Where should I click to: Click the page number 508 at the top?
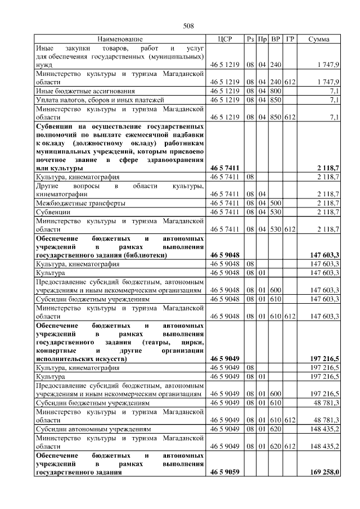click(188, 26)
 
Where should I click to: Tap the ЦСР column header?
click(224, 39)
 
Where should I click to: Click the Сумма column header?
click(319, 39)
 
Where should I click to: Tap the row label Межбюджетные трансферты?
click(80, 202)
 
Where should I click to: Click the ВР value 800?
click(276, 90)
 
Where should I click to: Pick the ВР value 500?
click(276, 202)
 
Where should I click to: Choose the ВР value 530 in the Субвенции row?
click(276, 212)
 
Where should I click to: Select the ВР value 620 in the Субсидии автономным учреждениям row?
click(276, 429)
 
